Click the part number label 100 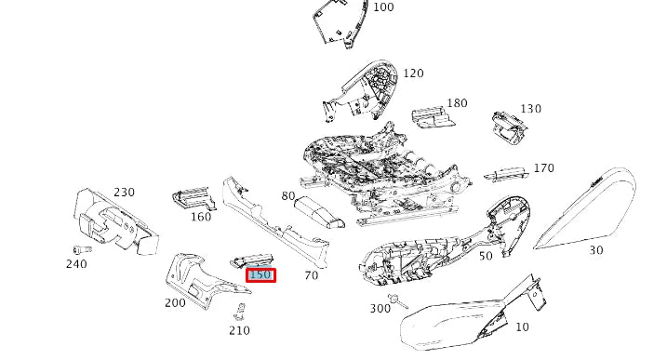click(x=383, y=7)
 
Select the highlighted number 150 click(x=260, y=275)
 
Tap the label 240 click(x=76, y=264)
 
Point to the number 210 click(x=239, y=330)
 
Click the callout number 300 click(x=380, y=308)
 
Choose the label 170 click(x=543, y=168)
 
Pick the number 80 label click(x=288, y=197)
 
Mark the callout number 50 click(x=486, y=256)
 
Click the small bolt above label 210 click(x=241, y=310)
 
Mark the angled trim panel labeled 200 click(x=197, y=280)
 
